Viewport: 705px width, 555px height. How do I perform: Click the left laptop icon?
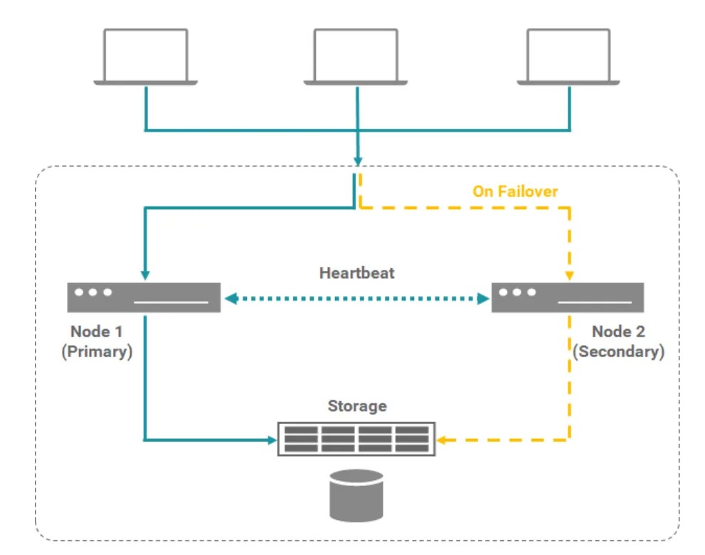tap(145, 57)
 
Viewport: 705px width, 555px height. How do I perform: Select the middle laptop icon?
tap(356, 57)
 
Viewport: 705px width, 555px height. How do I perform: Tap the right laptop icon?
tap(568, 57)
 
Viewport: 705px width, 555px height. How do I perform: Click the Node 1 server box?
tap(143, 297)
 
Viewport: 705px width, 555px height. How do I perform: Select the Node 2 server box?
tap(567, 297)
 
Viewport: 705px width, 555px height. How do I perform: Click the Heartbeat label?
tap(356, 273)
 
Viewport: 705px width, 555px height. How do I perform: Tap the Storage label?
tap(357, 406)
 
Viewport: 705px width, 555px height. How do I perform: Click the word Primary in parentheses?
tap(97, 351)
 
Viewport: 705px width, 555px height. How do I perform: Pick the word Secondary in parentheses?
tap(617, 351)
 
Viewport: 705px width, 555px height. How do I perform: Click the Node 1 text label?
tap(97, 332)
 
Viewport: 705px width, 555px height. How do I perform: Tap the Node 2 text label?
tap(617, 332)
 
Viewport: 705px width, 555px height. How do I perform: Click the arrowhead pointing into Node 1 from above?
tap(145, 276)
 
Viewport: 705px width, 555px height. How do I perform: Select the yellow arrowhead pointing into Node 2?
tap(569, 276)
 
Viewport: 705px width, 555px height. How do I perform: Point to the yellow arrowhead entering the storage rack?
tap(442, 440)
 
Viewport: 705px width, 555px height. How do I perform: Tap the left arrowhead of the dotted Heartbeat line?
tap(230, 300)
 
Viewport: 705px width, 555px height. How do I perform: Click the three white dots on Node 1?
tap(92, 292)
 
